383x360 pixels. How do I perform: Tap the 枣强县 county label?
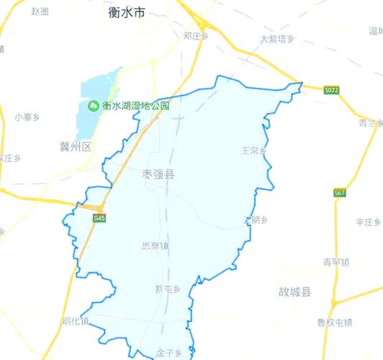click(x=158, y=175)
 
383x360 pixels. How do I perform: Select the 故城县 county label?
click(x=294, y=292)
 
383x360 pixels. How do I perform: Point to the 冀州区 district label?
click(x=76, y=147)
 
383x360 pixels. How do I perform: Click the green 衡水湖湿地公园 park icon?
click(x=93, y=106)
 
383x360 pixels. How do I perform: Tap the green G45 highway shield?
click(x=99, y=217)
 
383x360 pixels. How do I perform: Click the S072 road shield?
click(x=331, y=90)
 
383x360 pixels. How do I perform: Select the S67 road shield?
click(x=340, y=193)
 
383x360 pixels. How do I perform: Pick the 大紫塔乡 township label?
click(x=277, y=39)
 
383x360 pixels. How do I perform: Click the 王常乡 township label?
click(x=254, y=150)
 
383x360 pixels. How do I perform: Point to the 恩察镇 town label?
click(x=155, y=246)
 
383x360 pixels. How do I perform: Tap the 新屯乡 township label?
click(x=167, y=289)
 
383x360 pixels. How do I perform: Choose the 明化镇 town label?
click(x=75, y=322)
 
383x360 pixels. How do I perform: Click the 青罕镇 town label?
click(x=335, y=262)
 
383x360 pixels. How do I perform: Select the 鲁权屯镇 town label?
click(x=335, y=322)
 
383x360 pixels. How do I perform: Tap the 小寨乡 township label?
click(x=27, y=116)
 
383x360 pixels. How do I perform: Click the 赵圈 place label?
click(x=40, y=12)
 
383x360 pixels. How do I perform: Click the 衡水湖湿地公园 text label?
click(x=135, y=106)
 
